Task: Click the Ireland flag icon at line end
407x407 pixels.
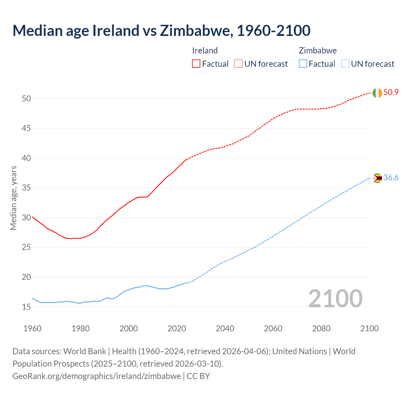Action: (x=377, y=93)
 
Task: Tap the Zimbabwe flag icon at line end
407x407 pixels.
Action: (x=377, y=178)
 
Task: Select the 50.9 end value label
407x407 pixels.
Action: (x=391, y=93)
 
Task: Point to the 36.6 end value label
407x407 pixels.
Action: (x=391, y=178)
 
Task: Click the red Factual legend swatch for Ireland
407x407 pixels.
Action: (x=196, y=64)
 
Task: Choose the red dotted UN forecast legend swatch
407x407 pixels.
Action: (x=238, y=64)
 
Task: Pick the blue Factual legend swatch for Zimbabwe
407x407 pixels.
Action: (x=303, y=64)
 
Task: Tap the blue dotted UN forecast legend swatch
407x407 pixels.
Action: (x=345, y=64)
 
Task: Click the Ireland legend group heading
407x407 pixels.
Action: (x=205, y=51)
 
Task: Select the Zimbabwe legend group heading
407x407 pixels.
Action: (x=318, y=51)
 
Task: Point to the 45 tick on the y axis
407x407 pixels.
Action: (x=26, y=128)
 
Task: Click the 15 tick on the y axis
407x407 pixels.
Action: (x=26, y=307)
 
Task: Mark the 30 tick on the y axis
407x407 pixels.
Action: (x=26, y=218)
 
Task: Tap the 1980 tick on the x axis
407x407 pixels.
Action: (x=80, y=328)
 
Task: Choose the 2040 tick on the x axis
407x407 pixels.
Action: (x=225, y=328)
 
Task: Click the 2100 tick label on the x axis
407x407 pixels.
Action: (x=369, y=328)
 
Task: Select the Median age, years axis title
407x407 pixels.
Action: (x=13, y=198)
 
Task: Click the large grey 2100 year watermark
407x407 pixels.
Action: (x=335, y=298)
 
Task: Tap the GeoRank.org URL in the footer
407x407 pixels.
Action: (x=96, y=376)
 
